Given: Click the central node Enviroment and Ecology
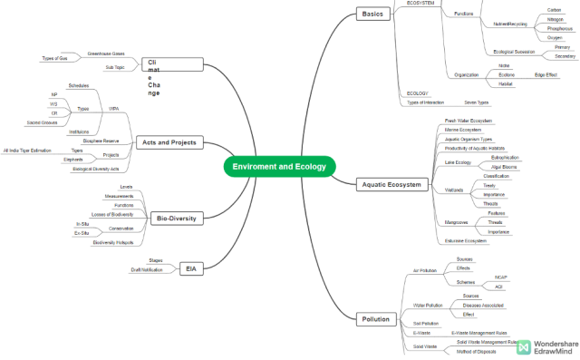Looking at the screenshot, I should click(x=280, y=167).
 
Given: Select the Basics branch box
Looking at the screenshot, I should click(x=372, y=14).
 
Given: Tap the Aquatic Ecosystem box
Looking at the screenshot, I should click(x=391, y=184).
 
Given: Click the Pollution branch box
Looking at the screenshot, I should click(x=375, y=319).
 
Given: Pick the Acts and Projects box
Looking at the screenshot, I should click(x=169, y=142).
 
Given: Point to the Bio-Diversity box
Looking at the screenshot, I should click(x=176, y=218).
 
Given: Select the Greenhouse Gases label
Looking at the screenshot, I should click(x=106, y=54).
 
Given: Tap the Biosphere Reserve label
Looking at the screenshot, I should click(x=101, y=141).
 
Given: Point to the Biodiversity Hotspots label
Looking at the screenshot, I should click(x=112, y=242).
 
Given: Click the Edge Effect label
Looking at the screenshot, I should click(x=546, y=74).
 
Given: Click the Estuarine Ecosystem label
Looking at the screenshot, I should click(x=467, y=240).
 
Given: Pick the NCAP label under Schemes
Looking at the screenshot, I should click(x=500, y=277).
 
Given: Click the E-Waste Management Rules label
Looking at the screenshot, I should click(x=478, y=333).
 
